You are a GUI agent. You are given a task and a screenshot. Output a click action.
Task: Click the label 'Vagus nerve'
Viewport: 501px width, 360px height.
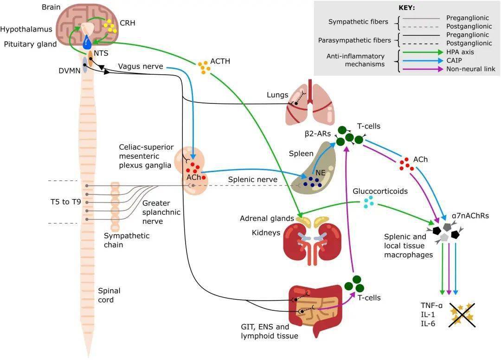point(141,66)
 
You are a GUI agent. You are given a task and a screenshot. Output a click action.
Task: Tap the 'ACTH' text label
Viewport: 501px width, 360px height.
point(220,61)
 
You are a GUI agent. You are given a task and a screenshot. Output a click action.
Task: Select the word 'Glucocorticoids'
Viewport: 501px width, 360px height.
point(380,191)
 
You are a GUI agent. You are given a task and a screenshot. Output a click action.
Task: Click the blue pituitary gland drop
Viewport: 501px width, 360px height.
point(87,44)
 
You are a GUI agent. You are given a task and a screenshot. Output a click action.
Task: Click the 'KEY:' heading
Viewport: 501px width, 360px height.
point(407,8)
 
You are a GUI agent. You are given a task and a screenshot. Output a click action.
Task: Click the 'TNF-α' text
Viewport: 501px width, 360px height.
point(430,305)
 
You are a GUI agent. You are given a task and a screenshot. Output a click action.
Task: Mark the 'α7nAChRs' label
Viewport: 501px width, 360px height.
point(469,216)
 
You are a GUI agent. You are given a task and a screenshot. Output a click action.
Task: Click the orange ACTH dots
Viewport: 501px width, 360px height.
point(204,67)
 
